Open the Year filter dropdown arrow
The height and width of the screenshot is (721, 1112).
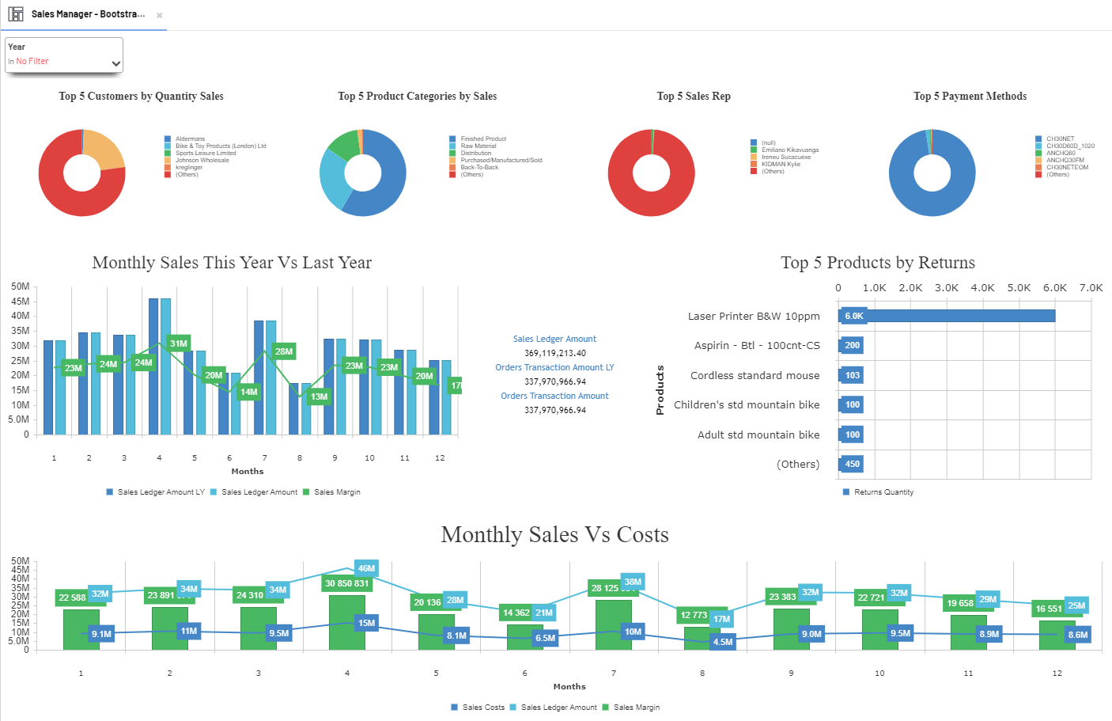point(115,63)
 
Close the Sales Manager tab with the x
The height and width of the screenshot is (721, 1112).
point(159,15)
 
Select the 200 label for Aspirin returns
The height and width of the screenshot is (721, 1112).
point(852,345)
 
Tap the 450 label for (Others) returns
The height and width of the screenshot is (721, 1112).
point(852,464)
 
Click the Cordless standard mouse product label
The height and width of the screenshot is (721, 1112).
point(755,375)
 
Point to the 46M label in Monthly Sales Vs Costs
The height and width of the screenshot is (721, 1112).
point(366,568)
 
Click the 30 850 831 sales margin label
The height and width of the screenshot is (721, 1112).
point(346,583)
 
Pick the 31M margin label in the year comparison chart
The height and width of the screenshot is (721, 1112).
point(179,343)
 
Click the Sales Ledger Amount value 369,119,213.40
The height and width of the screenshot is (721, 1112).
point(555,353)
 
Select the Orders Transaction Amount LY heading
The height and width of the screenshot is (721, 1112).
point(554,367)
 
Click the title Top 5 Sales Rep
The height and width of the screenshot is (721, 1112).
point(694,96)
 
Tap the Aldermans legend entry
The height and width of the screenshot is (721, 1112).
point(190,139)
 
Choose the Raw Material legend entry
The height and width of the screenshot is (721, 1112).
point(478,146)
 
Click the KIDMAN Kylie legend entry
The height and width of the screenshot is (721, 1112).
point(781,164)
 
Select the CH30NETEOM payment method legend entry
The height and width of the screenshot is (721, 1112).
point(1067,167)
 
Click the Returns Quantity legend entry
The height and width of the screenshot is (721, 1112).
point(883,492)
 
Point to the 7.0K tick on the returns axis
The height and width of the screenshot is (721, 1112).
point(1091,288)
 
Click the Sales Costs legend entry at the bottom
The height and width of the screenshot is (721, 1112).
point(483,708)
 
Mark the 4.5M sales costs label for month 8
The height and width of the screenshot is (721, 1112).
point(723,642)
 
